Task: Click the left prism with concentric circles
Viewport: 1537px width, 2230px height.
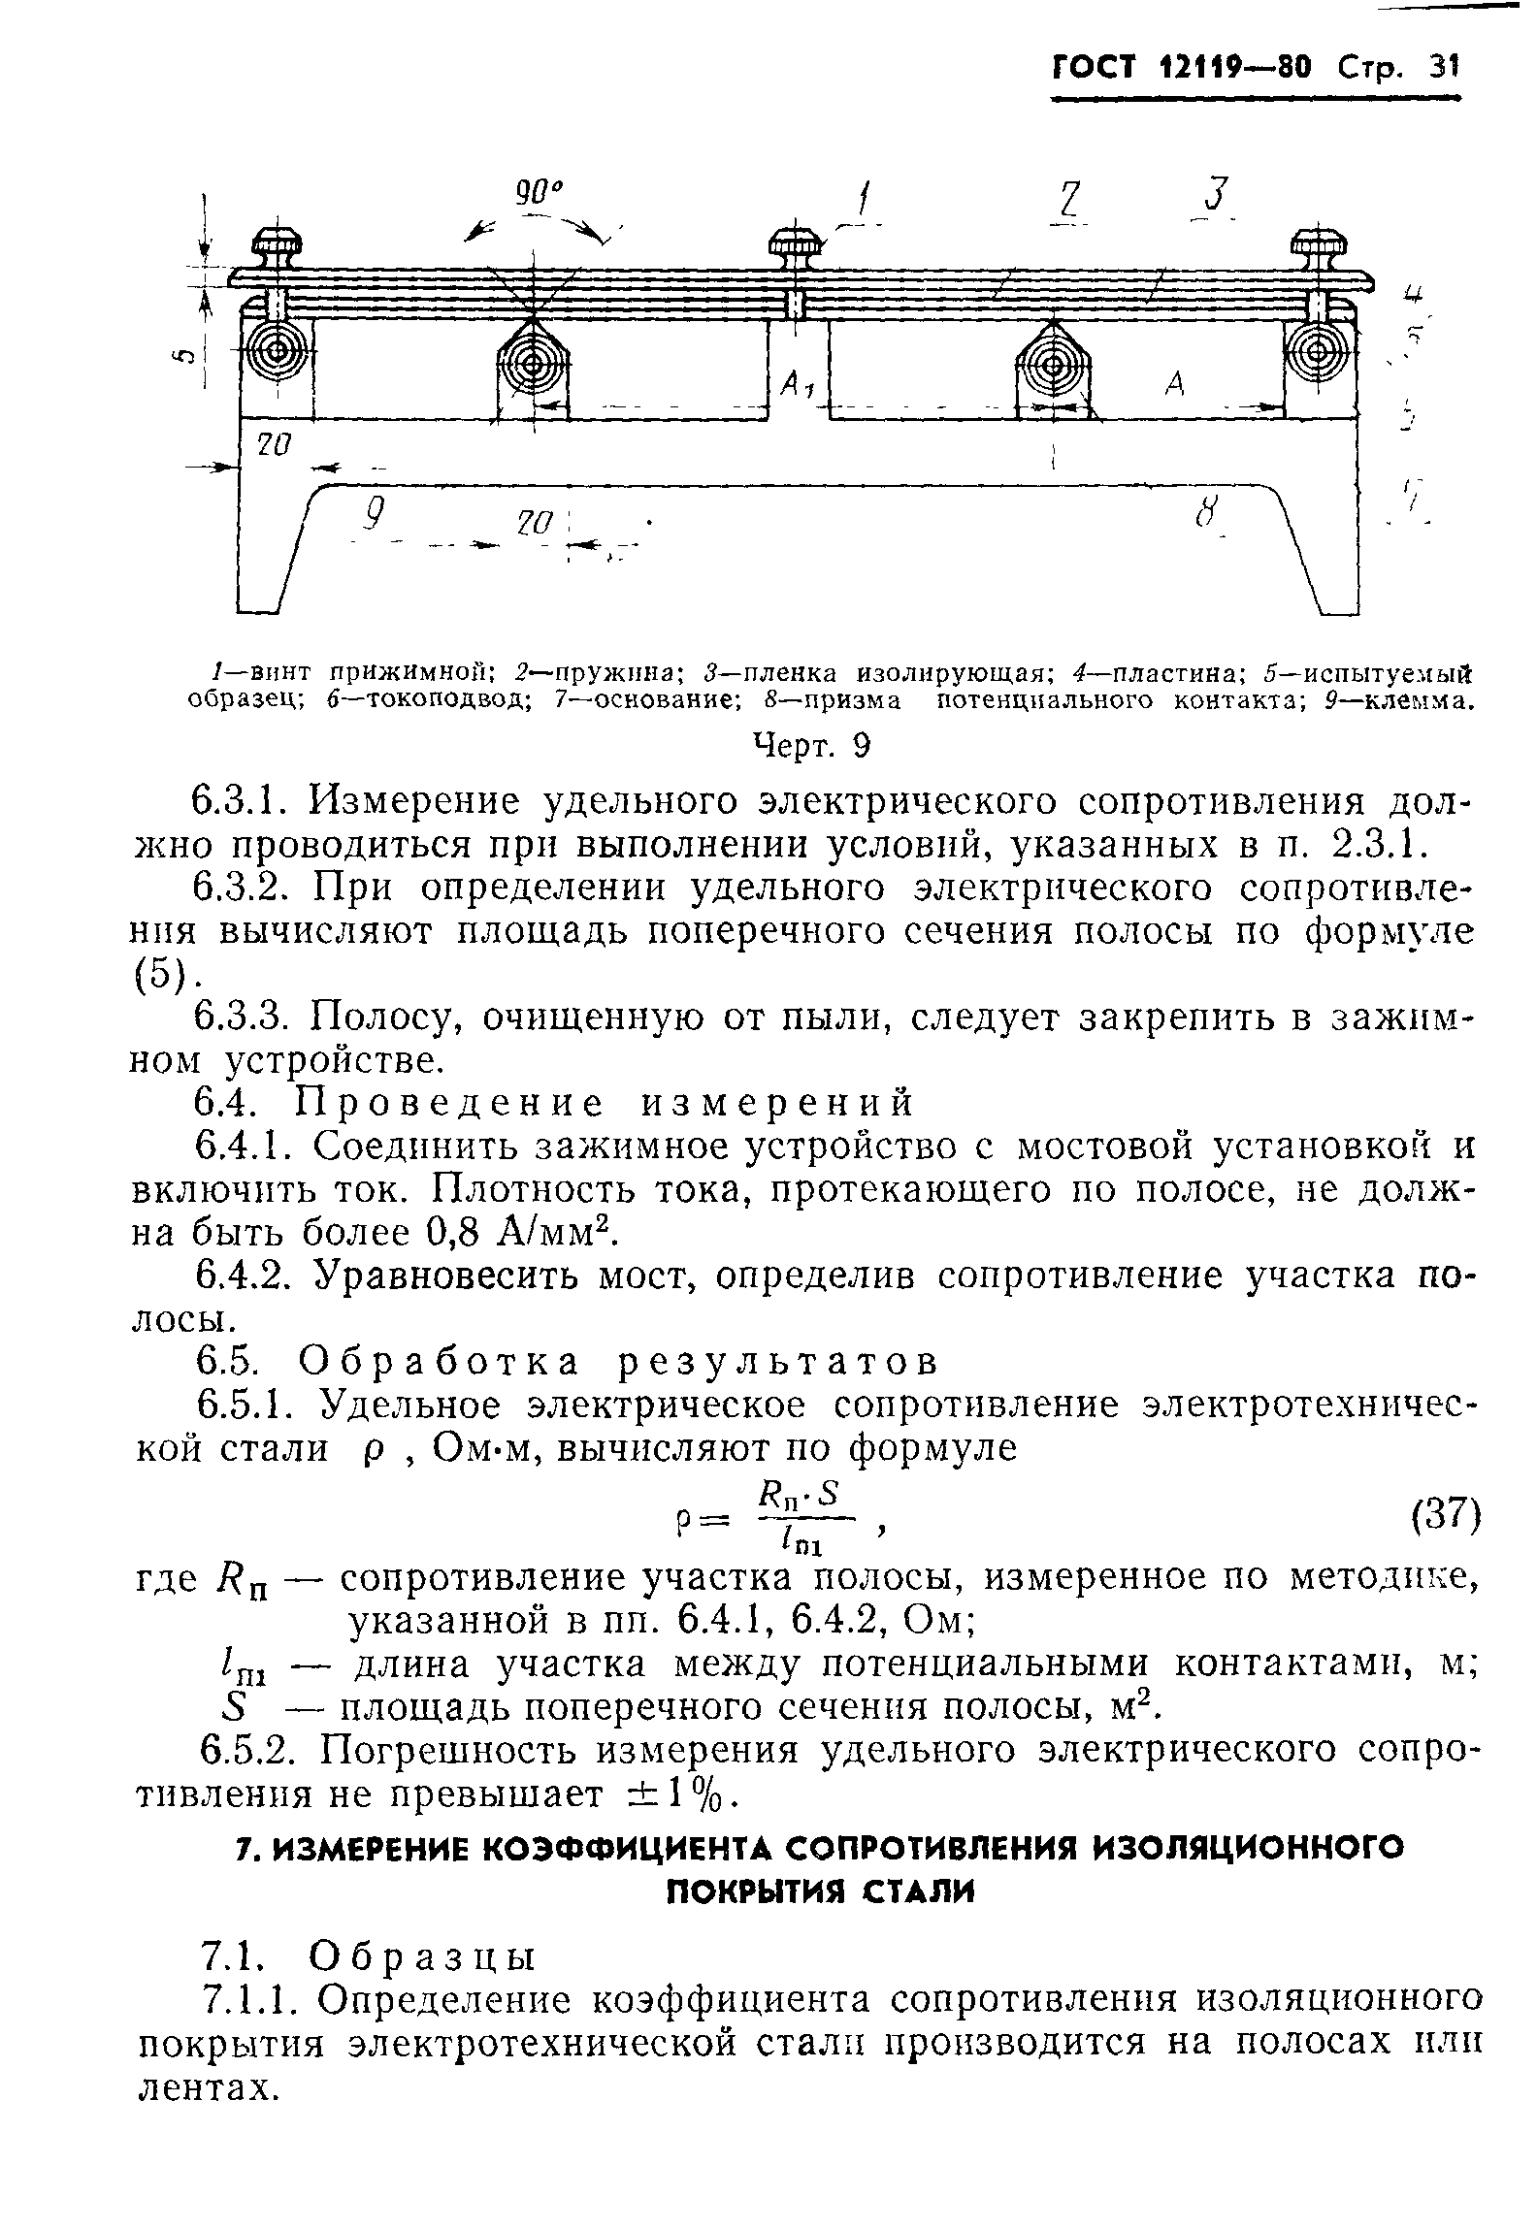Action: click(533, 365)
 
